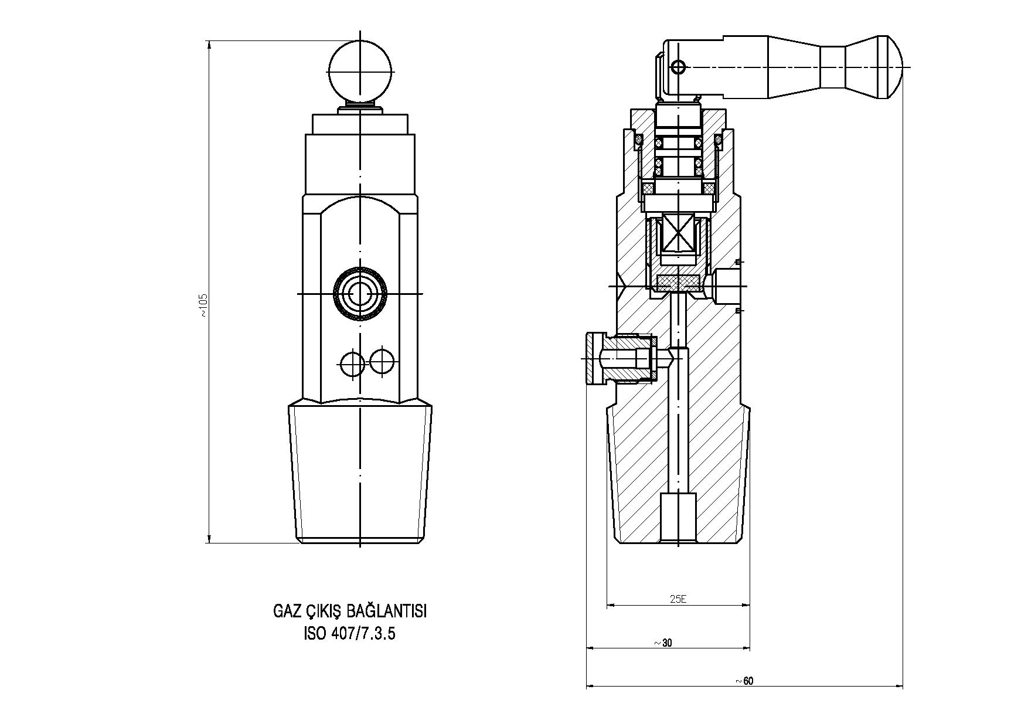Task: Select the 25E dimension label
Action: point(678,599)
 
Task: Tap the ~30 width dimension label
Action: point(663,643)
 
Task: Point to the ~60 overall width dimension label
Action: point(744,681)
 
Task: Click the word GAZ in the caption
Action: point(287,612)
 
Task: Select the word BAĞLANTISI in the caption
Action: point(387,612)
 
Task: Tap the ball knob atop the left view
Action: point(359,71)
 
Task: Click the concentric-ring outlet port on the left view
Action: point(359,293)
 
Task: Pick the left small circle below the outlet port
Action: point(353,363)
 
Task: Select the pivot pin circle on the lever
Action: point(678,67)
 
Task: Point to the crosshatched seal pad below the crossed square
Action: point(678,283)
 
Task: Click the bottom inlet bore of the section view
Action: point(678,517)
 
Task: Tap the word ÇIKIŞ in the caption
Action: point(324,612)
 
